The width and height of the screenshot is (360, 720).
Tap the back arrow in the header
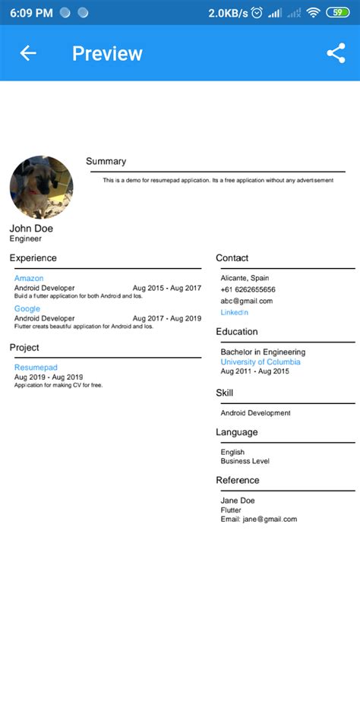[28, 53]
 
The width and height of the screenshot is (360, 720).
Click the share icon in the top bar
[336, 53]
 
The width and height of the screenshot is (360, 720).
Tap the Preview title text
[107, 53]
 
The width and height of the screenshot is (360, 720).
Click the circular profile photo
[41, 188]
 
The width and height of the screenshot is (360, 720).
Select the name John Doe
[31, 228]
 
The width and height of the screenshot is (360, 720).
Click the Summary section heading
[106, 161]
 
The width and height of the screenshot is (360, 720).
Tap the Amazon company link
[29, 279]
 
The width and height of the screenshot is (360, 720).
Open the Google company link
[27, 308]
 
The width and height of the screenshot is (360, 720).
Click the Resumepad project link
[36, 368]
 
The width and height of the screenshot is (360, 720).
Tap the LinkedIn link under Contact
[234, 312]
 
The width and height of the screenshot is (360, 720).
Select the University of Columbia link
[260, 362]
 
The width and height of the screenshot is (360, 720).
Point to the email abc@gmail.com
[246, 301]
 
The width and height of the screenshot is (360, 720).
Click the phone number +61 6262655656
[248, 289]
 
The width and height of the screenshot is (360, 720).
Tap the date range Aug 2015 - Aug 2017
[167, 289]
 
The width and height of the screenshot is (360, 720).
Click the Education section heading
[236, 332]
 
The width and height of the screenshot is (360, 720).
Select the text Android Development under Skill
[255, 413]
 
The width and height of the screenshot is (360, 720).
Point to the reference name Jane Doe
[237, 501]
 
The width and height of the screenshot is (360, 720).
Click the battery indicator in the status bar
[336, 12]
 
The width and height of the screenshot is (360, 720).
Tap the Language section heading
[236, 432]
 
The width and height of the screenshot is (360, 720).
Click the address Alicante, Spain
[245, 278]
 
